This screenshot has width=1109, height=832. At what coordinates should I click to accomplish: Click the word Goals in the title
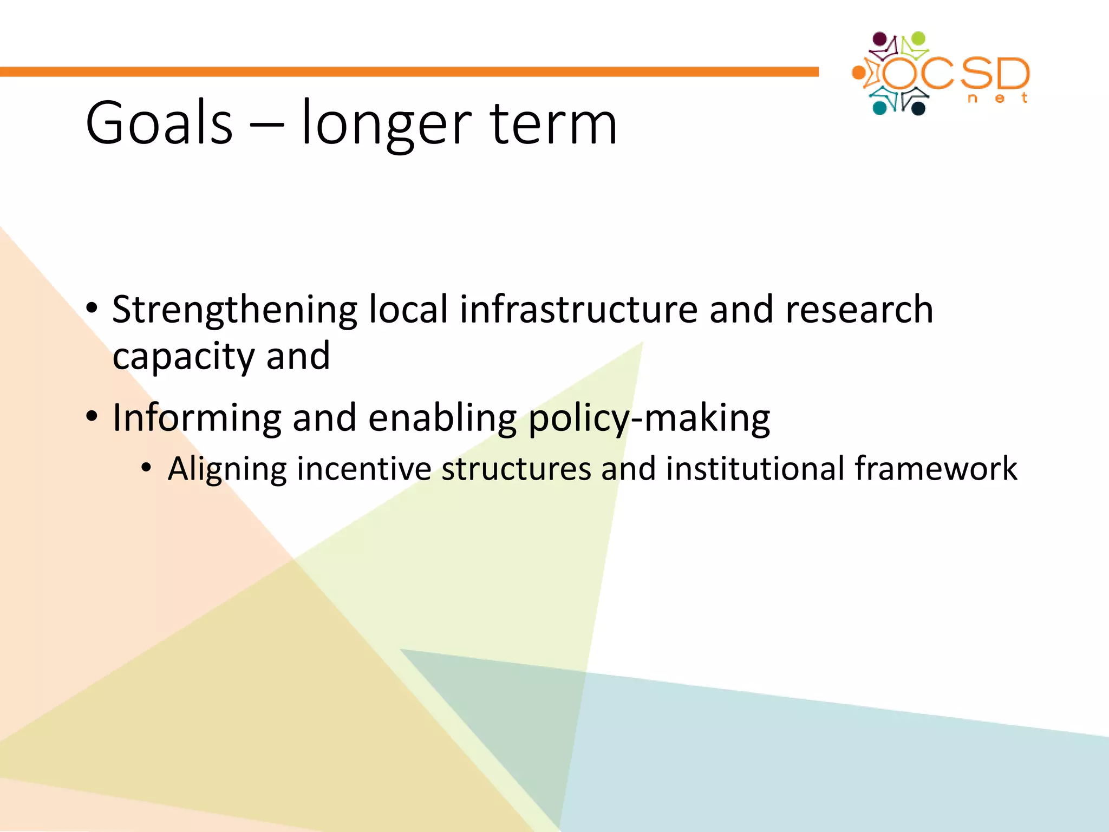tap(159, 123)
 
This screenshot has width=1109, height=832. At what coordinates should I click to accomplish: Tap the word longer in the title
tap(386, 125)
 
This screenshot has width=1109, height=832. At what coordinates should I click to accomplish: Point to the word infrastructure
tap(579, 309)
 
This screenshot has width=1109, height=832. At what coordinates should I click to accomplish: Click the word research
tap(859, 309)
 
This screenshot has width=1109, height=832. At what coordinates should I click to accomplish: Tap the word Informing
tap(197, 418)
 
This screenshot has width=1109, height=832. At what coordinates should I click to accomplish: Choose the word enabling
tap(442, 418)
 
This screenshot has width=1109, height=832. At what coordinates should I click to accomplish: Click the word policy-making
tap(649, 418)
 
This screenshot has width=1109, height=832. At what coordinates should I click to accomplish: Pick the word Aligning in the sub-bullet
tap(227, 469)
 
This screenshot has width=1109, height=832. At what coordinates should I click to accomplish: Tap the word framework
tap(936, 469)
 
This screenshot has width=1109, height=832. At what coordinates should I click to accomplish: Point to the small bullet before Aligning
tap(146, 468)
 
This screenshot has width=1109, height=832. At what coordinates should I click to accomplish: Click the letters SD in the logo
tap(995, 74)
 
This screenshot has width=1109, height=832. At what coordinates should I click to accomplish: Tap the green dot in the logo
tap(918, 39)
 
